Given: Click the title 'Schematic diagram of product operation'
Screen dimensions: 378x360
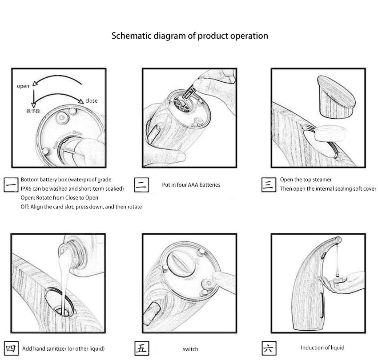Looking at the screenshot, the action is [189, 36].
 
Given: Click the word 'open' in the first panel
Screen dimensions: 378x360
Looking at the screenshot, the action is [23, 86].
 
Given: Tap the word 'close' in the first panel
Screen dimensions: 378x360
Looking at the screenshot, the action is [91, 100].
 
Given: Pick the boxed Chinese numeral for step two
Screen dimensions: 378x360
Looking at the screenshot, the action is [141, 184].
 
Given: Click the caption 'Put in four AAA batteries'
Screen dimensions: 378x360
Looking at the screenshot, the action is [191, 184].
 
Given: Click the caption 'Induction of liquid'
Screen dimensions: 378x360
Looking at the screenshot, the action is [322, 348].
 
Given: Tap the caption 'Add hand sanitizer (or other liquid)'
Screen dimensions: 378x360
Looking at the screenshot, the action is [64, 349].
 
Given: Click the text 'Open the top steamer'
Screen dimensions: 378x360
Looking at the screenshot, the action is [306, 180].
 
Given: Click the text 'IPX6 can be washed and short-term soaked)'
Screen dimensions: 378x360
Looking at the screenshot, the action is [72, 188].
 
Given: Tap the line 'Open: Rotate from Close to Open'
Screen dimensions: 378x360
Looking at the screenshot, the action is [60, 197].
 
